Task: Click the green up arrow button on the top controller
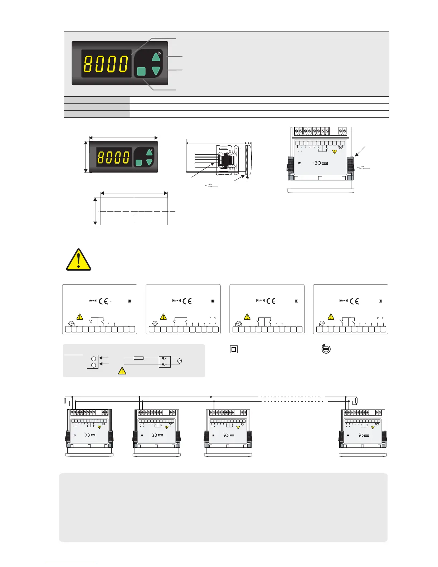click(156, 57)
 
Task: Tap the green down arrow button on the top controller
click(156, 71)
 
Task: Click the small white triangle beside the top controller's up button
click(160, 53)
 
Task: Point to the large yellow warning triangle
click(78, 260)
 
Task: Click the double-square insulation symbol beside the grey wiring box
click(234, 349)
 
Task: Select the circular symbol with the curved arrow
click(326, 349)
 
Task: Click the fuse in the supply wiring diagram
click(138, 358)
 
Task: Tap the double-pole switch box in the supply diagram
click(165, 361)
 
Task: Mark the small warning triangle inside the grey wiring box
click(122, 371)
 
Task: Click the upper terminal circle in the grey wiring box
click(94, 358)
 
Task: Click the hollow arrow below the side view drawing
click(211, 185)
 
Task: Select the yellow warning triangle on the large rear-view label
click(335, 152)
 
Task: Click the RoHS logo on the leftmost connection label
click(93, 301)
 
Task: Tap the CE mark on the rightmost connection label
click(354, 301)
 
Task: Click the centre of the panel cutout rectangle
click(134, 212)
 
